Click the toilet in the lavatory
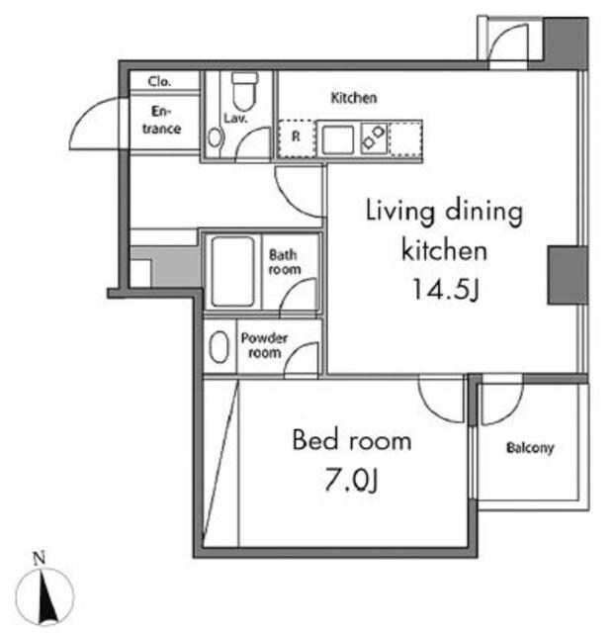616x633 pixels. [244, 91]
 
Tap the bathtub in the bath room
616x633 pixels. [233, 271]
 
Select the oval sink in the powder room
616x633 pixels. [220, 347]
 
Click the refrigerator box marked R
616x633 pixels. [296, 138]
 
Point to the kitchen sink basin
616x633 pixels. [338, 139]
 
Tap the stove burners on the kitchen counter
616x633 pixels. [374, 137]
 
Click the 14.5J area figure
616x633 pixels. [446, 290]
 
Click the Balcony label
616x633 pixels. [530, 448]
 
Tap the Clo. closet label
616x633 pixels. [159, 81]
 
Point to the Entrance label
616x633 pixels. [161, 120]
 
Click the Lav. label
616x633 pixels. [235, 118]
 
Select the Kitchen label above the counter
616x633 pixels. [354, 98]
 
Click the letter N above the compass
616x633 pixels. [40, 559]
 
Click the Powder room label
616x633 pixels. [264, 345]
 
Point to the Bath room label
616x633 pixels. [285, 262]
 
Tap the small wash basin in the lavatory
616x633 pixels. [215, 137]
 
